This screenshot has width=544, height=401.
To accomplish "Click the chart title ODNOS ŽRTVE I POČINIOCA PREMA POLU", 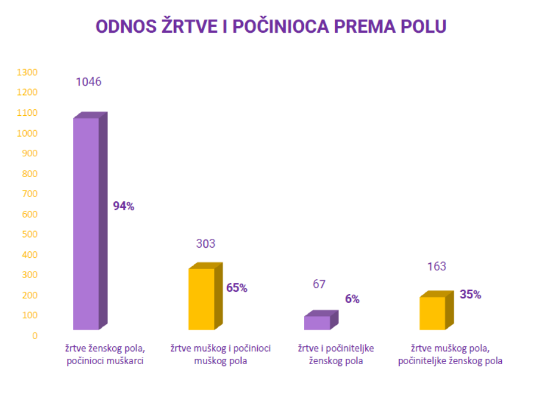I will click(x=271, y=27).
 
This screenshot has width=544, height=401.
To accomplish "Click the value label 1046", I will click(x=88, y=82).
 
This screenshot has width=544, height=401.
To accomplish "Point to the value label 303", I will click(x=205, y=244).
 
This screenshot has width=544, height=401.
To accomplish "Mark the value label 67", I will click(x=320, y=284).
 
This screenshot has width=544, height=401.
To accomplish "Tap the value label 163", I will click(x=437, y=266).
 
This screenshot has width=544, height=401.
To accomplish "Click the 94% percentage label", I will click(x=124, y=206).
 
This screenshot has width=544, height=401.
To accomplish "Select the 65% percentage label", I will click(x=237, y=288).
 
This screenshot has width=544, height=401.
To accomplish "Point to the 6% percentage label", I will click(x=352, y=299).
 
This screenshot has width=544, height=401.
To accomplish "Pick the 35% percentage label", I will click(x=470, y=294).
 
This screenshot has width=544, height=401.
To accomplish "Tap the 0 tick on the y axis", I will click(x=35, y=336).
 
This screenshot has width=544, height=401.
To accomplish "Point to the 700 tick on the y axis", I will click(x=30, y=194).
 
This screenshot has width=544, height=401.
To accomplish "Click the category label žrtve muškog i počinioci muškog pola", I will click(x=220, y=355).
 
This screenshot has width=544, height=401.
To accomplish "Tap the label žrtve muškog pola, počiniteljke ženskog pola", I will click(x=450, y=355).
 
